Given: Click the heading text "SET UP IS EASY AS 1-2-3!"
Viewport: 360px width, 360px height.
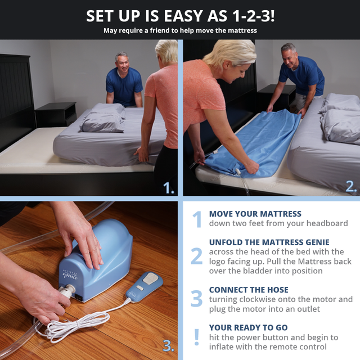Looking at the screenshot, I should click(x=180, y=15).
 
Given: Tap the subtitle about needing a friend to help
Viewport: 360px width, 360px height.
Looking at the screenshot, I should click(x=180, y=30).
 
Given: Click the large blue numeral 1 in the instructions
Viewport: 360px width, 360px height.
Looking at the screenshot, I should click(x=196, y=219).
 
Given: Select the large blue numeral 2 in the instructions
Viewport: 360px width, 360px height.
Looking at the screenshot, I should click(x=196, y=256).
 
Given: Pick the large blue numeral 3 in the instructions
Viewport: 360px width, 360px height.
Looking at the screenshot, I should click(x=196, y=298).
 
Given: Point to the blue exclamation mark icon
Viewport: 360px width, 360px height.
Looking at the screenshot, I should click(x=196, y=336).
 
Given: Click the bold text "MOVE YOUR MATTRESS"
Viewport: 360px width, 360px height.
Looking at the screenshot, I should click(x=255, y=214).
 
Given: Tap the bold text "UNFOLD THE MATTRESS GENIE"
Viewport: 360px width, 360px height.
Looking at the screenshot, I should click(x=269, y=242).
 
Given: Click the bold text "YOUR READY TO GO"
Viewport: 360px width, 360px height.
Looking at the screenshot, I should click(x=248, y=327).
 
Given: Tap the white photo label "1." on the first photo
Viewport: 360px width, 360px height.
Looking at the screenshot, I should click(x=169, y=188).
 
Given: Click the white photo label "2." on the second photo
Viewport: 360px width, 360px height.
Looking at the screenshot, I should click(x=351, y=188).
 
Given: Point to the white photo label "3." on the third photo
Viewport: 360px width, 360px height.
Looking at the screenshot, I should click(x=169, y=345).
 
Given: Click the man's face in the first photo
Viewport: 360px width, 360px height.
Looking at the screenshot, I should click(x=123, y=62).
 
